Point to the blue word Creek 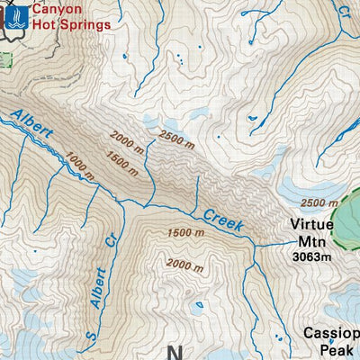[222, 219]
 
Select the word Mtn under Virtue [311, 241]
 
